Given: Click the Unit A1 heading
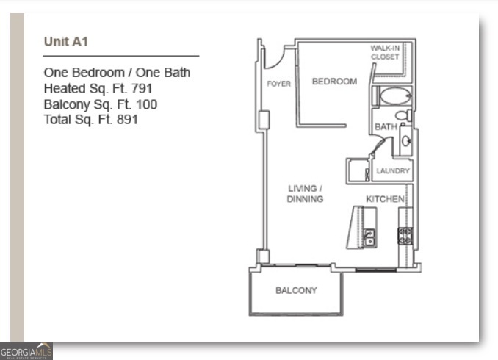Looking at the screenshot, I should coord(66,41).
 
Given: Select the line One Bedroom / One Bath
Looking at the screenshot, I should coord(117,72).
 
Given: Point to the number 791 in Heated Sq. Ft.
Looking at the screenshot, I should coord(140,88).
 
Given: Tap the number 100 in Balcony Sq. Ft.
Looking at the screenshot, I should coord(146,104).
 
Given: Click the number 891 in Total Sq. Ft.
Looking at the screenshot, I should coord(126,119).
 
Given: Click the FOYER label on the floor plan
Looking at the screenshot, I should coord(278,84).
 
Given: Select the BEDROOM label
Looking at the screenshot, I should coord(334,82).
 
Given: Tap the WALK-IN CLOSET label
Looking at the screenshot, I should coord(385,52).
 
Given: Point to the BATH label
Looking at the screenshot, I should coord(386,127).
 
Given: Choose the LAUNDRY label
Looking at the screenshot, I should coord(392,171).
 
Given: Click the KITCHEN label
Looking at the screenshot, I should coord(385,199).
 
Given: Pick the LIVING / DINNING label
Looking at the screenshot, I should coord(305,194).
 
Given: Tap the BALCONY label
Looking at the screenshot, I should coord(296,290).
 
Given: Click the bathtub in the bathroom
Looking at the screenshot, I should coord(397,96).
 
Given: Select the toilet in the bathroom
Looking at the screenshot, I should coord(403,115).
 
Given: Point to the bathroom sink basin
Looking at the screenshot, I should coord(405,141).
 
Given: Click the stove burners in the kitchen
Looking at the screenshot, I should coord(405,235).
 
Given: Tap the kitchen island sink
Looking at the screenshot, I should coord(369,237).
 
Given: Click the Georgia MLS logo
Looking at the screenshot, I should coord(26,351).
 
